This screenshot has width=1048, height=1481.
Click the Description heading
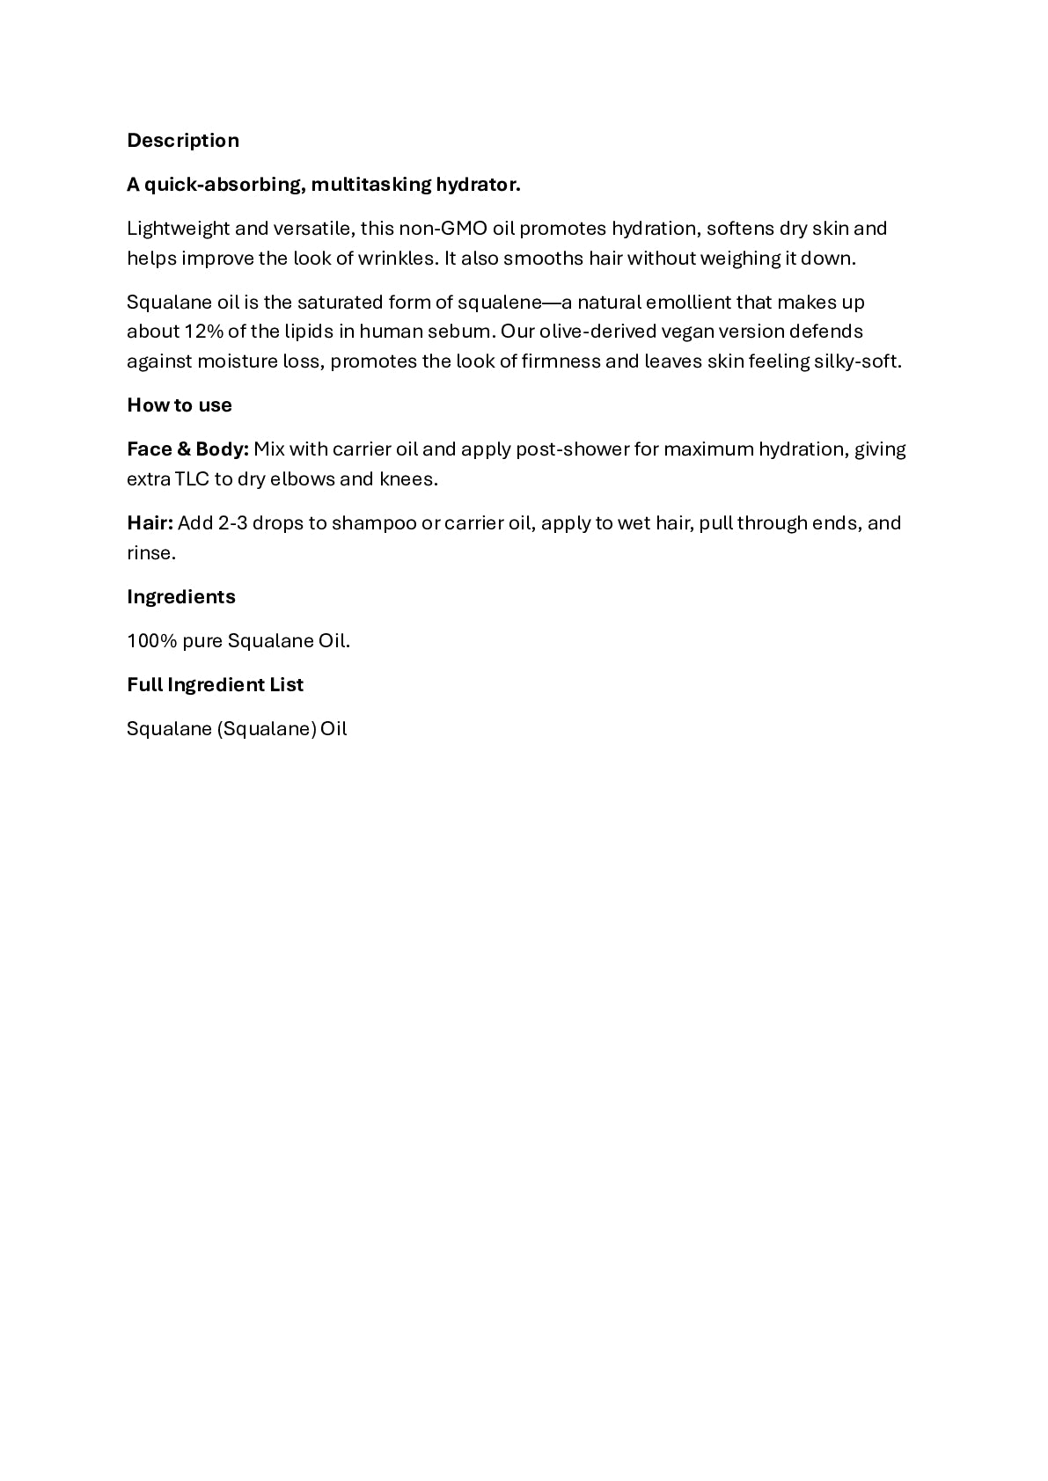(183, 141)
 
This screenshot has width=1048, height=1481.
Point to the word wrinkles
(401, 259)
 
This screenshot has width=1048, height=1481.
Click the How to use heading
(180, 405)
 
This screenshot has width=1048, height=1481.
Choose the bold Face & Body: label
(187, 449)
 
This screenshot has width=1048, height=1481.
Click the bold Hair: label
(150, 523)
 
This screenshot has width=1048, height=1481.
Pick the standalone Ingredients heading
(181, 597)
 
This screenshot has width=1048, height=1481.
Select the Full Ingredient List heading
(215, 685)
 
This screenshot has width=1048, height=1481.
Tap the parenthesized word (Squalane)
(267, 729)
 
